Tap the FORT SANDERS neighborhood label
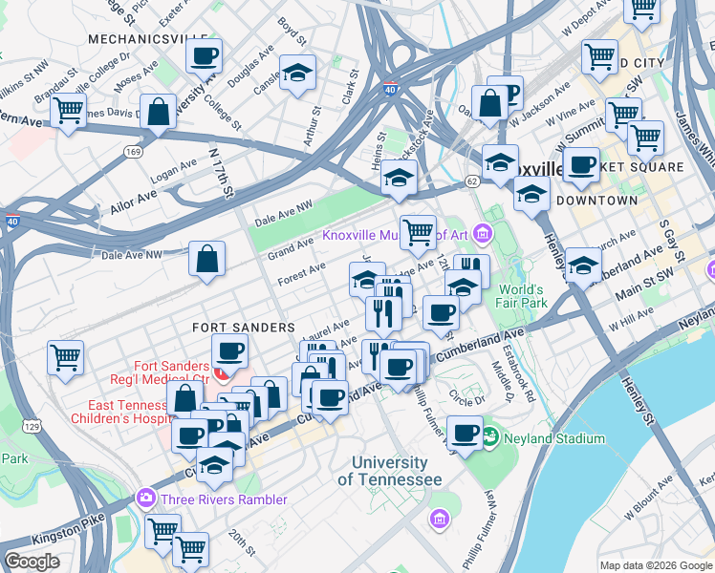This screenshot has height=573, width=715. [x=243, y=327]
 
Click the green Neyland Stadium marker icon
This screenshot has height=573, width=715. [x=490, y=438]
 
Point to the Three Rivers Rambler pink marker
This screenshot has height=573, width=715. [x=145, y=499]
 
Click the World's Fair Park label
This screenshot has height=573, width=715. [x=520, y=296]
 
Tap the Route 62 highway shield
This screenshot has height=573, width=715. [x=472, y=180]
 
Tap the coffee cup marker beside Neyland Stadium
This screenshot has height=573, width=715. [x=465, y=434]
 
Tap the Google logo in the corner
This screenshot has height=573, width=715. [x=32, y=562]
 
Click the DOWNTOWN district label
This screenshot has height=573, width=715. [x=596, y=201]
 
